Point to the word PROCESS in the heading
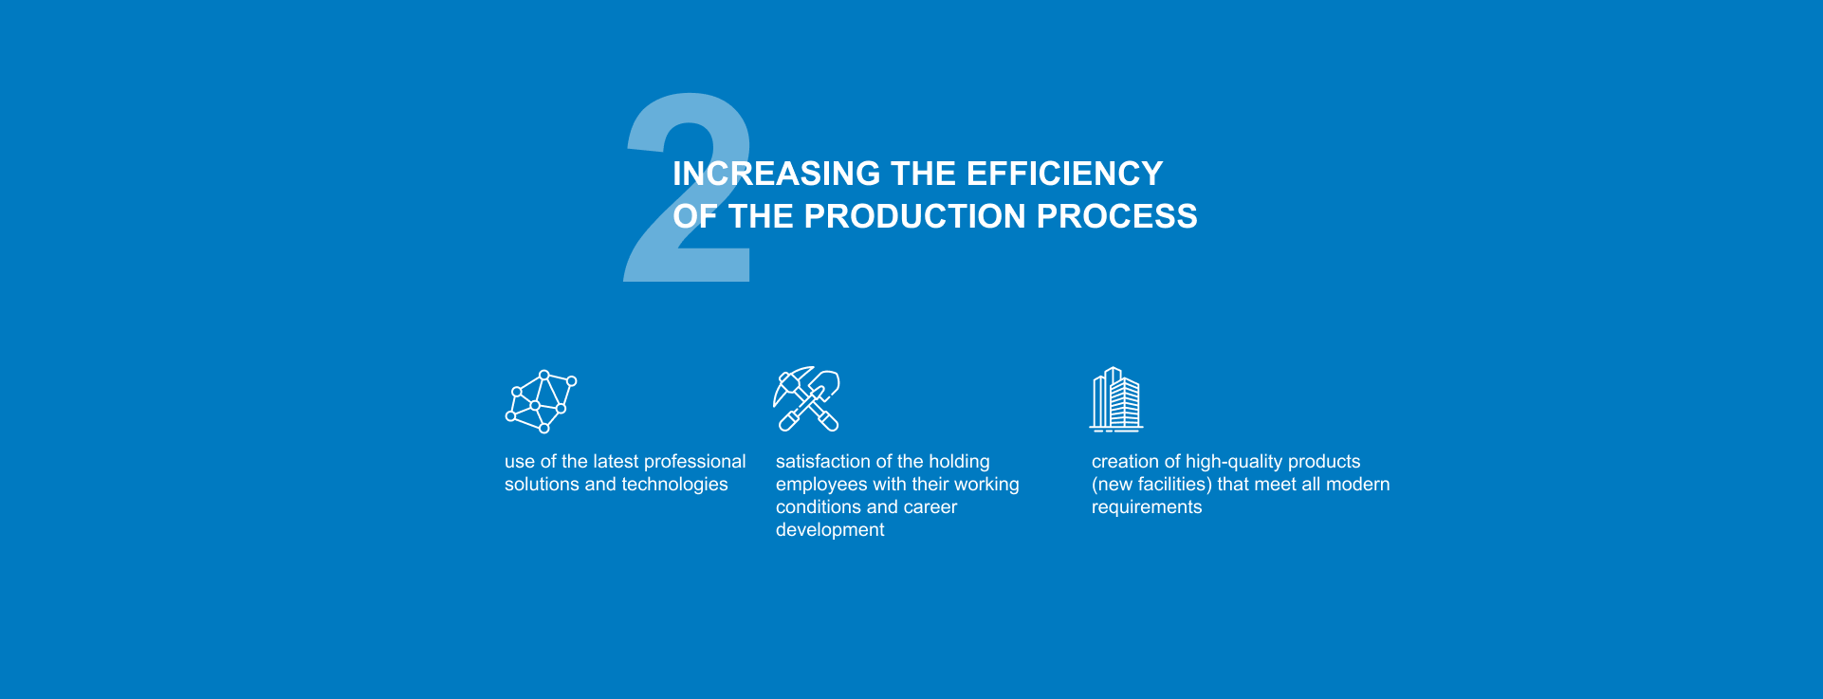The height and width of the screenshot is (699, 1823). pos(1117,216)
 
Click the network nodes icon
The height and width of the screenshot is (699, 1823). pos(541,401)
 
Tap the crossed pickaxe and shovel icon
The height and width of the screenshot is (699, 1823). pos(807,399)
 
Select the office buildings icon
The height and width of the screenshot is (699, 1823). pos(1115,399)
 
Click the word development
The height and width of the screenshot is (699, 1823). pos(830,530)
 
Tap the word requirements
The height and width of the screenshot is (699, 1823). pos(1147,507)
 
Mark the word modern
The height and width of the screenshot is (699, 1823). pos(1359,485)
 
